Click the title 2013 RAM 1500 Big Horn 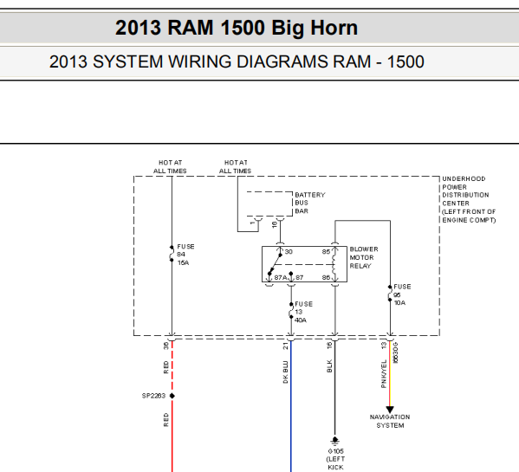pos(237,28)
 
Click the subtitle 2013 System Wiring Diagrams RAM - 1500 pos(237,61)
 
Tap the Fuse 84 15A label pos(185,255)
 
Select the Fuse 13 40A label pos(303,312)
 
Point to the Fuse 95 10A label pos(402,294)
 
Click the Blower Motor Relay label pos(364,258)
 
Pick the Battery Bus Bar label pos(310,203)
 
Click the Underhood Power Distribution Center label pos(469,199)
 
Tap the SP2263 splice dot pos(172,396)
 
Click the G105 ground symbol pos(335,440)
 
